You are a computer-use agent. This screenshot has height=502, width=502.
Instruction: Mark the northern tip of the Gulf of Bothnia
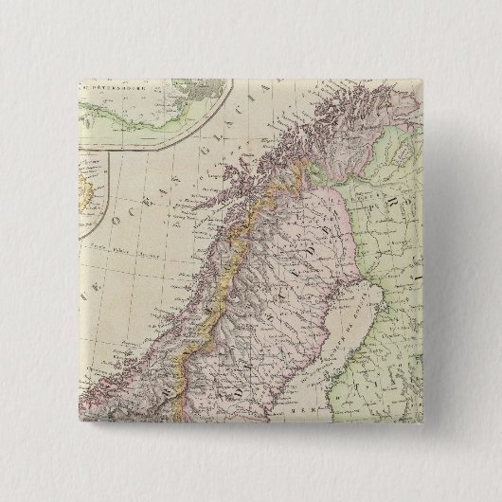click(x=372, y=242)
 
